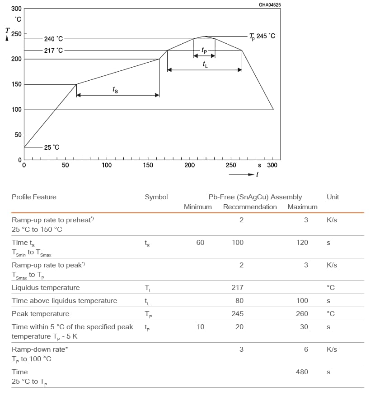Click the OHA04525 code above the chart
point(270,5)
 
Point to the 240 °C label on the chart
point(53,39)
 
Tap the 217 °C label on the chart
point(53,50)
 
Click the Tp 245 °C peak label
point(262,36)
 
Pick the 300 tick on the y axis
point(16,9)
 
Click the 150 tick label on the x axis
point(148,165)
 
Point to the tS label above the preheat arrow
point(115,90)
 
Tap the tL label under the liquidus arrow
point(206,65)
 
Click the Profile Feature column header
point(34,197)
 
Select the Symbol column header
point(156,197)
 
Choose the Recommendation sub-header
point(250,207)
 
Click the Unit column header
point(333,197)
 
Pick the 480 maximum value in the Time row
point(302,372)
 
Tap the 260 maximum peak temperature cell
point(302,314)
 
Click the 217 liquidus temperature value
point(238,288)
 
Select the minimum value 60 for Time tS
point(200,243)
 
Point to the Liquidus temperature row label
point(46,288)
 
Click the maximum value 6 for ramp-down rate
point(306,349)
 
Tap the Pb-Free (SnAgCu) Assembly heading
point(255,197)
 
